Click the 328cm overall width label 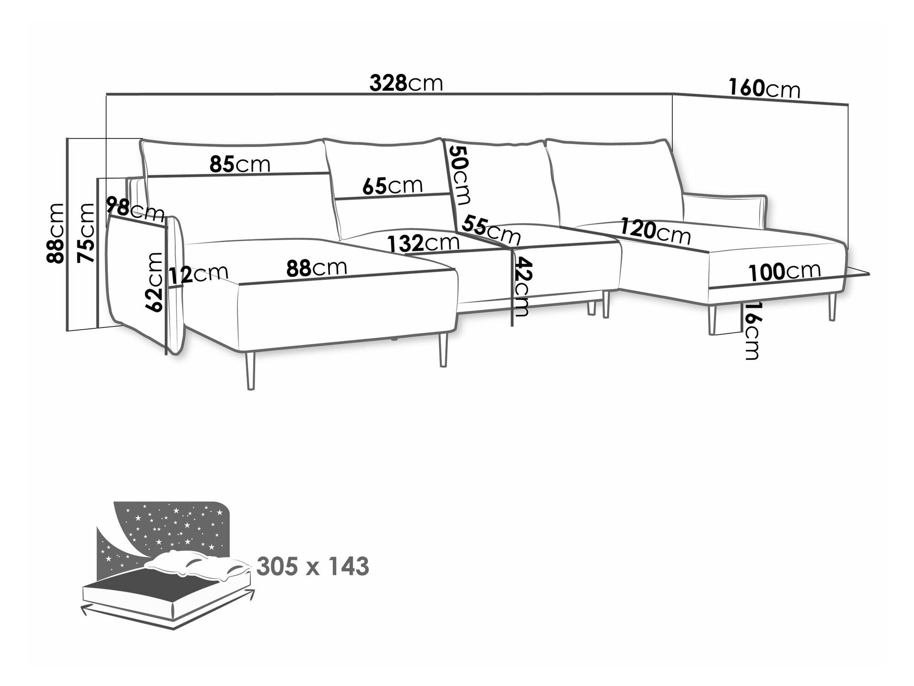(406, 84)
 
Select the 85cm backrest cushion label (240, 164)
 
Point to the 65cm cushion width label (393, 186)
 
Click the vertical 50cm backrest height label (459, 175)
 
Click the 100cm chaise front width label (785, 272)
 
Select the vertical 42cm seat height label (521, 287)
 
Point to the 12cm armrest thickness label (198, 274)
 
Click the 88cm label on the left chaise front (317, 268)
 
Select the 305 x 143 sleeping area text (313, 567)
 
